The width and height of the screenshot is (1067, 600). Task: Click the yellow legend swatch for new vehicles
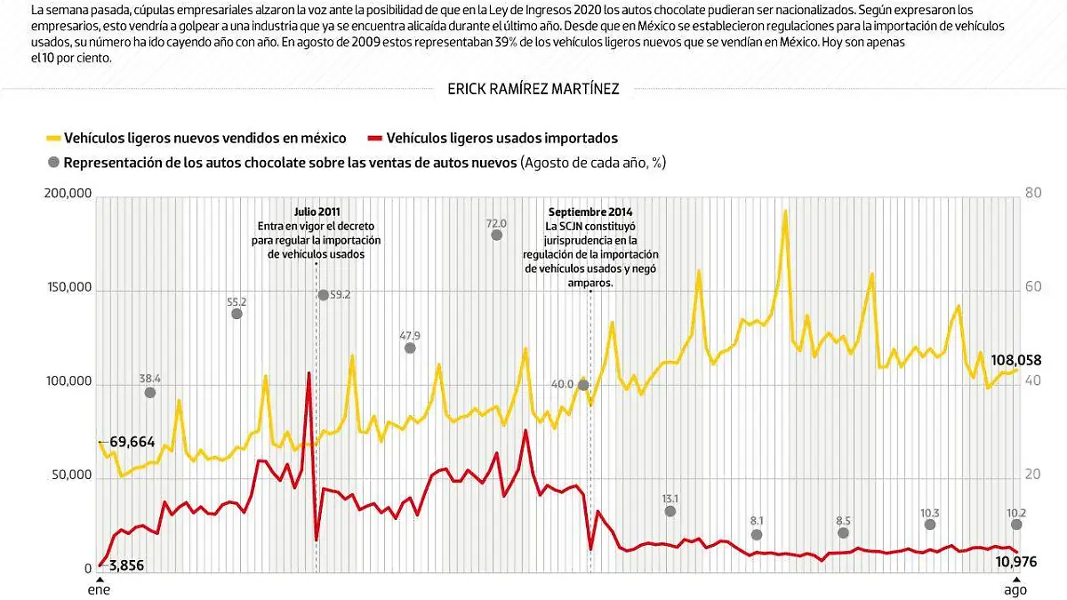53,139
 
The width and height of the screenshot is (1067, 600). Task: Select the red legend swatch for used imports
374,139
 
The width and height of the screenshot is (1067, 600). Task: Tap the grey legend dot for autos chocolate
53,163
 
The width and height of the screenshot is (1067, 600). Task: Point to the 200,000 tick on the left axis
68,194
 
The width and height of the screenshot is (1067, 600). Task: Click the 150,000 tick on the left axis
68,288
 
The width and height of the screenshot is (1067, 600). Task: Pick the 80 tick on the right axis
1033,194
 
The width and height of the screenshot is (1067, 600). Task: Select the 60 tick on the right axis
1033,288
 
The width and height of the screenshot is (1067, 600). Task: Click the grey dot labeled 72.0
496,235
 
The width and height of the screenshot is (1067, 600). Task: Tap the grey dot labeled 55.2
237,313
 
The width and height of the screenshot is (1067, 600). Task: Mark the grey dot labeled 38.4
149,392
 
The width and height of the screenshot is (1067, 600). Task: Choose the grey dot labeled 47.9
410,348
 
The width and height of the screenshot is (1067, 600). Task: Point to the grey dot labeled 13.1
670,511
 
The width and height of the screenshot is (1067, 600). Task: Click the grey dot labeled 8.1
757,534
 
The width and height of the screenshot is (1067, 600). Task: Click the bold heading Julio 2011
317,212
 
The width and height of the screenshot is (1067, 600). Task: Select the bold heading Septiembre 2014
590,212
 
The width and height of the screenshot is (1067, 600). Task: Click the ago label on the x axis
1015,589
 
